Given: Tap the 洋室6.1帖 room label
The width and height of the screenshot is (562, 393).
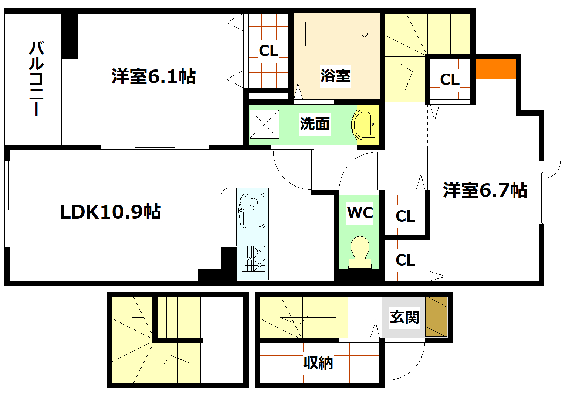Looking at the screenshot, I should click(x=153, y=76).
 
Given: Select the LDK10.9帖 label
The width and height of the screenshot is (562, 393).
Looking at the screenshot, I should click(x=110, y=212).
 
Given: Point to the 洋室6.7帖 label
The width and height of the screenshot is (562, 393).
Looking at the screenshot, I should click(x=485, y=190).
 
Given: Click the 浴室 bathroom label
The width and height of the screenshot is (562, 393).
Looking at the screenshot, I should click(x=335, y=76).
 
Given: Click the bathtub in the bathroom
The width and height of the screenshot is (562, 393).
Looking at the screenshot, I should click(x=338, y=34).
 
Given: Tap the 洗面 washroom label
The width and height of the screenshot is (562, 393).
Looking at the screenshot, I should click(x=315, y=124).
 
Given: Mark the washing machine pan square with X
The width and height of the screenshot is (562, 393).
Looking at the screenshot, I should click(x=264, y=124).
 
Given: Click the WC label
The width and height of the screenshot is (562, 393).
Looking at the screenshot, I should click(x=360, y=212).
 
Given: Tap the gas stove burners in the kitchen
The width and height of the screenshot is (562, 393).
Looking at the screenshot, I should click(x=253, y=258).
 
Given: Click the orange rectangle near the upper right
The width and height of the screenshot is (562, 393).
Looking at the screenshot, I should click(x=495, y=69).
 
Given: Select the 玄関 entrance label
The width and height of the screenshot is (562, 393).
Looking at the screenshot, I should click(x=404, y=317).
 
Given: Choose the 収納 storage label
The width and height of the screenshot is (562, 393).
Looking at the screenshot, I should click(x=318, y=363).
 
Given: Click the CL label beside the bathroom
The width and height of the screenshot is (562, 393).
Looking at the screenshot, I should click(x=268, y=51).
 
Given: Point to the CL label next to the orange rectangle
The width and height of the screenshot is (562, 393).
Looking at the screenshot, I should click(x=450, y=79).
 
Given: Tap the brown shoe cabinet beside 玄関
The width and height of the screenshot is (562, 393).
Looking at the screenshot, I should click(x=436, y=317).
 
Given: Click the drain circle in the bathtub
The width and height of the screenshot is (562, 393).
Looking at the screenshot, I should click(x=365, y=34).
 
